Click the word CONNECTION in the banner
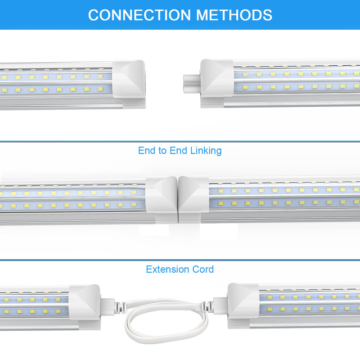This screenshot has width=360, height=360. (139, 15)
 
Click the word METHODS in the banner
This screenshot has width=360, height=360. (234, 15)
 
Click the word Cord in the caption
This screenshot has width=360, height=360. (203, 269)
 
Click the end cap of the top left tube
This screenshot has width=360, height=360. (129, 84)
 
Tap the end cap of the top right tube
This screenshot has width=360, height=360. (217, 83)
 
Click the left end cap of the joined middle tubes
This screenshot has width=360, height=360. (162, 199)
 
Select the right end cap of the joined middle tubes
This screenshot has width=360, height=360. (193, 199)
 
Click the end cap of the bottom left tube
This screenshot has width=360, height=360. (85, 306)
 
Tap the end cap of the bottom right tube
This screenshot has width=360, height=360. (243, 306)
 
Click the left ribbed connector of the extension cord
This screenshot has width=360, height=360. (120, 308)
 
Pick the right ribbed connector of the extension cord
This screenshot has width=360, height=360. (207, 307)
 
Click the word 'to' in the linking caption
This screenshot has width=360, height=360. (162, 151)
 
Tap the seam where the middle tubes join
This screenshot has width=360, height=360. (178, 200)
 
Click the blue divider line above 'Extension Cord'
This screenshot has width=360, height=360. (180, 260)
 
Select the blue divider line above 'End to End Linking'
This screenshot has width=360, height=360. (180, 141)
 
